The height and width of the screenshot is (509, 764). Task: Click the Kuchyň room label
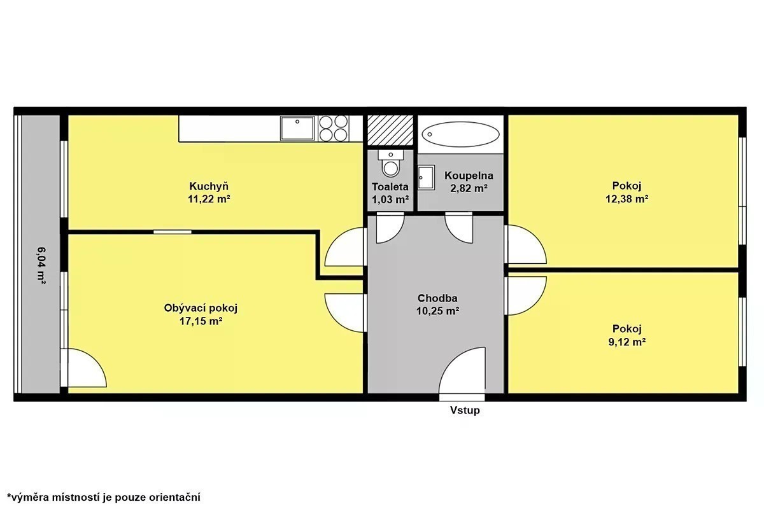(x=209, y=186)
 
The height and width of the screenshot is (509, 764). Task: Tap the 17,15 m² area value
(x=201, y=321)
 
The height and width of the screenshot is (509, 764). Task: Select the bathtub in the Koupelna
(x=460, y=134)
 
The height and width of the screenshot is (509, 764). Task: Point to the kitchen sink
(x=297, y=128)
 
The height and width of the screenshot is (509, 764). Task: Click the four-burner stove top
(x=333, y=128)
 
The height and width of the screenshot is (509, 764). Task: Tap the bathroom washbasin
(x=427, y=178)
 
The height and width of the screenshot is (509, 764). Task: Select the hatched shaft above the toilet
(x=390, y=130)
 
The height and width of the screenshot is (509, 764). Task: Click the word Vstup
(x=465, y=410)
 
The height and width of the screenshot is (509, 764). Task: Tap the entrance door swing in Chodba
(x=462, y=370)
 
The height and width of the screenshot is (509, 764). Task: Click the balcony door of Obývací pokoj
(x=83, y=368)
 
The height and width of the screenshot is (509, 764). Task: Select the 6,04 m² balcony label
(x=41, y=265)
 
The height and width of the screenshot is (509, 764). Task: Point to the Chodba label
(x=437, y=298)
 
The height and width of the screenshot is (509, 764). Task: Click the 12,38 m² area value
(x=627, y=199)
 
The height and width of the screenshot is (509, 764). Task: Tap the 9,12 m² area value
(x=627, y=342)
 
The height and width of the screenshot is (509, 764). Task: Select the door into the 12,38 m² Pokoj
(x=526, y=244)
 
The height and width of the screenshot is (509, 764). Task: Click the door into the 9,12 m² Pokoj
(x=526, y=296)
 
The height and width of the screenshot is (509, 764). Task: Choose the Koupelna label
(x=469, y=176)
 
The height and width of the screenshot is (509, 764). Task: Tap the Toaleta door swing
(x=390, y=228)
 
